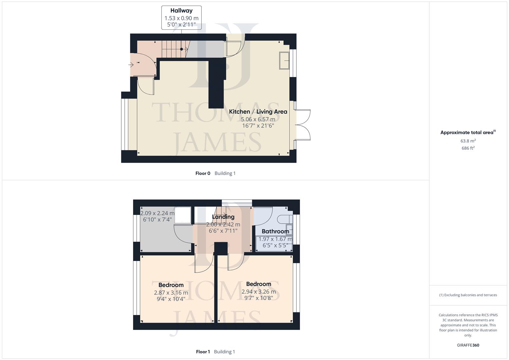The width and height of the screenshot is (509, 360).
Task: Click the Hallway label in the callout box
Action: [181, 11]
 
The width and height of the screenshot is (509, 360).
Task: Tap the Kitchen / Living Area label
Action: [258, 112]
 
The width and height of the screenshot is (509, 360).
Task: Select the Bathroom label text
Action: [275, 231]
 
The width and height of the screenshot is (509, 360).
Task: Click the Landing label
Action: [223, 217]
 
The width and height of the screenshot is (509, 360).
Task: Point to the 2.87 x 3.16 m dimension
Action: [171, 293]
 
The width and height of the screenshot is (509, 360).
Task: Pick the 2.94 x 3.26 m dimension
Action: [259, 292]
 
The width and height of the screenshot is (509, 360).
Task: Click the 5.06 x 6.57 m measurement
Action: [258, 119]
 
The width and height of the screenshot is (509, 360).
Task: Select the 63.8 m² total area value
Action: [468, 141]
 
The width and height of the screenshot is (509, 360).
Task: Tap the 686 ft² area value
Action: [468, 148]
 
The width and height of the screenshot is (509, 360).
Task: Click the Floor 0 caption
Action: [203, 173]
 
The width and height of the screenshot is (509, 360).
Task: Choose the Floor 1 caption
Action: [203, 352]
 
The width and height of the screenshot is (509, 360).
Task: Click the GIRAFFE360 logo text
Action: [468, 345]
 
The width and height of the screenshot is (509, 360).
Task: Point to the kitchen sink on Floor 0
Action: [284, 60]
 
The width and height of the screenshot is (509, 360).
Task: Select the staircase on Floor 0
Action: [175, 49]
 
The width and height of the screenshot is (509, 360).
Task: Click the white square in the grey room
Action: [182, 215]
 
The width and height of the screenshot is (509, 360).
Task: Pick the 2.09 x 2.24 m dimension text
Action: [157, 213]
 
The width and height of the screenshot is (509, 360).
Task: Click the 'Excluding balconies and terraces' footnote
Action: [468, 295]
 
